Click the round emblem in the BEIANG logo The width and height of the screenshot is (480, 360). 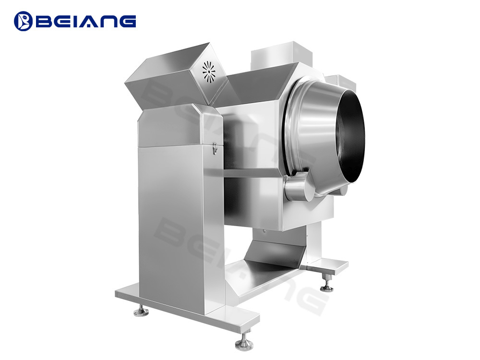(x=23, y=21)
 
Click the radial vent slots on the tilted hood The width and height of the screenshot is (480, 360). (x=209, y=72)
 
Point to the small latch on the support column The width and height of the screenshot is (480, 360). (x=215, y=148)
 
